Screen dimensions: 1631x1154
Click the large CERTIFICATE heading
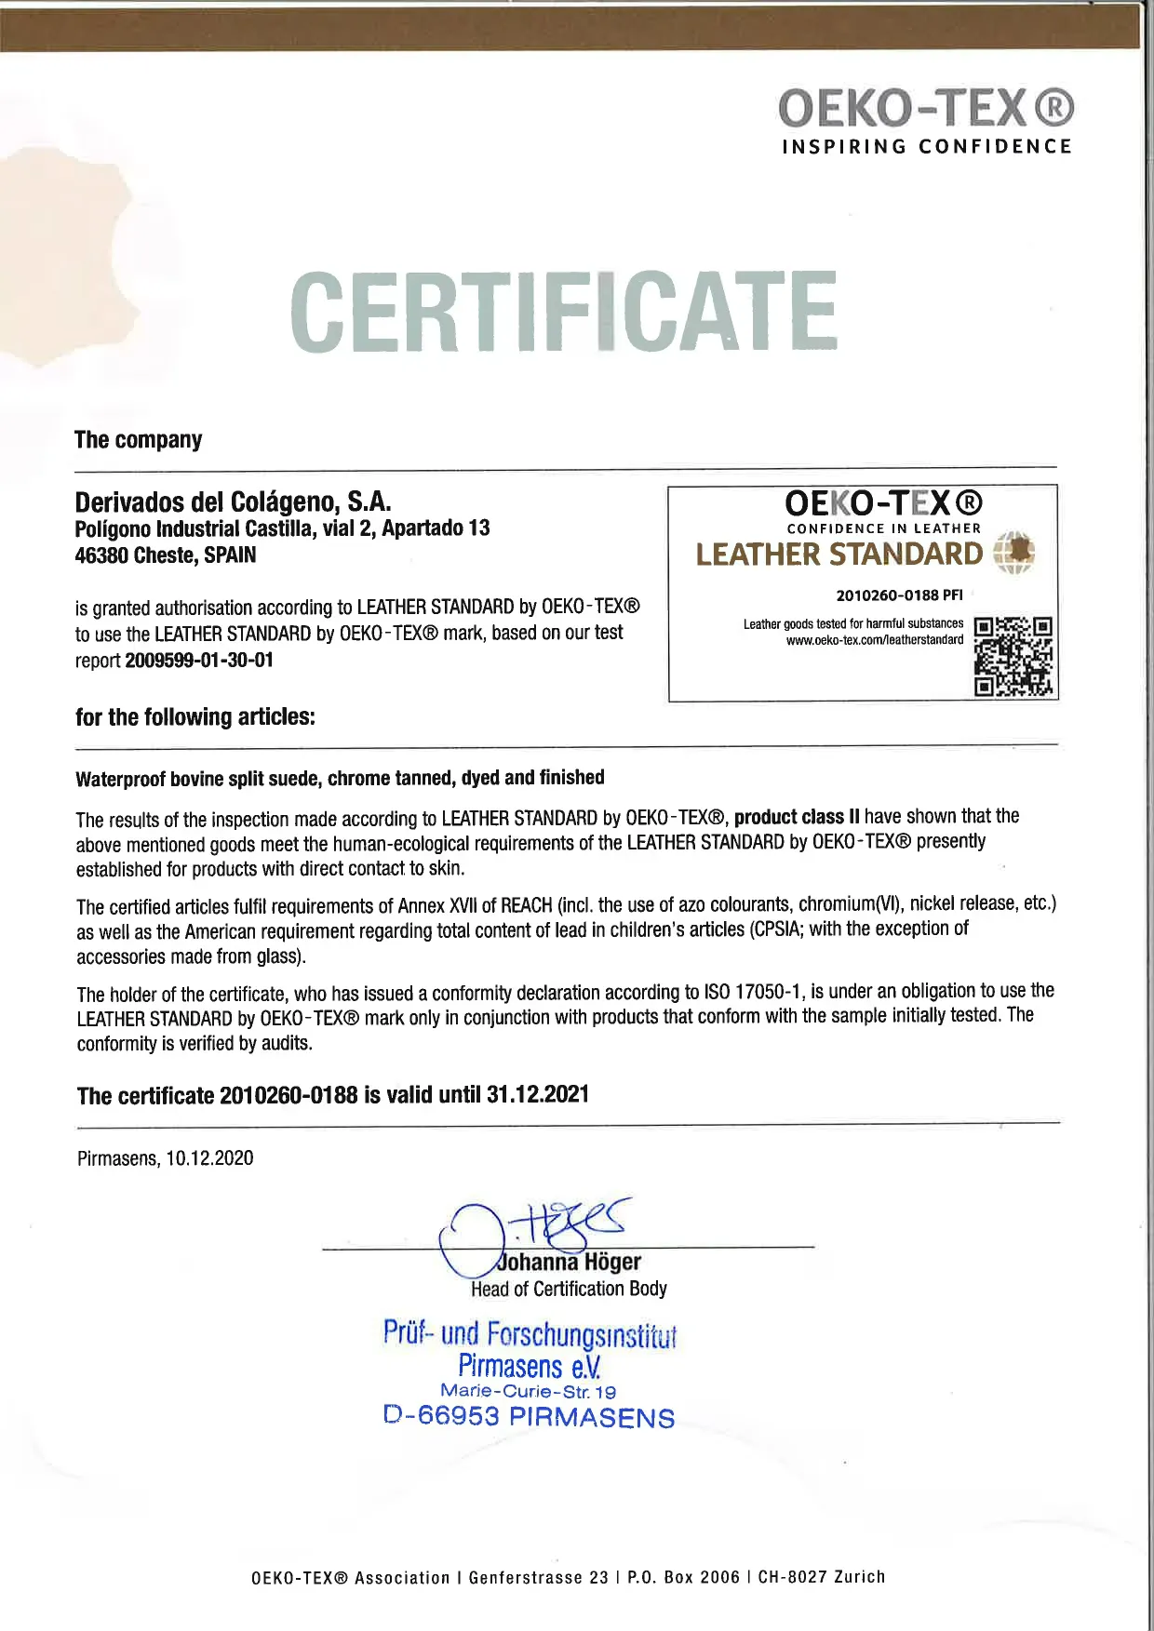point(564,312)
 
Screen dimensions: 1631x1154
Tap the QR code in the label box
point(1013,655)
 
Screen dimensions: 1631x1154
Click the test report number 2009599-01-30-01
point(199,661)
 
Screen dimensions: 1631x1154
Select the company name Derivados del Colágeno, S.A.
point(233,502)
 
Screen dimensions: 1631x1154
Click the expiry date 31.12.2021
point(538,1094)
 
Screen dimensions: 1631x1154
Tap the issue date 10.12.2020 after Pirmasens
point(209,1158)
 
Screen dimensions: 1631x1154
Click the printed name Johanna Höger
point(570,1263)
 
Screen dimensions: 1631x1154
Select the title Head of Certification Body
point(569,1289)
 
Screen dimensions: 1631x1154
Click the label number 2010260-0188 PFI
point(899,595)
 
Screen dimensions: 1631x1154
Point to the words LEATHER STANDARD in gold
point(839,555)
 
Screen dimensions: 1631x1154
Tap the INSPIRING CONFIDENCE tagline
point(927,146)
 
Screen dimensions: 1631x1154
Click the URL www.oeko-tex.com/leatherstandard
point(875,640)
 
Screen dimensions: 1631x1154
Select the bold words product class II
point(796,817)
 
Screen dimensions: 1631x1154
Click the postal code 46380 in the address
point(101,555)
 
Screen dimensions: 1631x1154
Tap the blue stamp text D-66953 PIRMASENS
point(529,1417)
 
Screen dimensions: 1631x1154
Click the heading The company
point(138,439)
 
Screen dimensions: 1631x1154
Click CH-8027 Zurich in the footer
point(822,1577)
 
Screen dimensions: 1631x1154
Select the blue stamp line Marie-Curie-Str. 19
point(528,1392)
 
